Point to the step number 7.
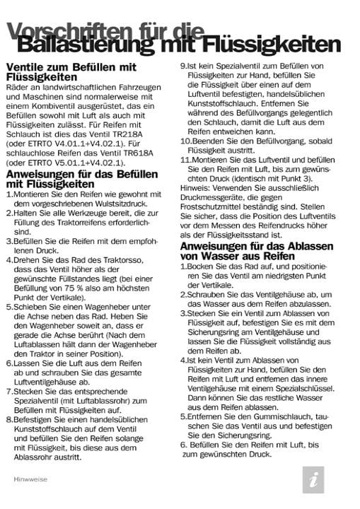click(8, 390)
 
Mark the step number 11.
click(185, 160)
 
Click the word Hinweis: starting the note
click(194, 187)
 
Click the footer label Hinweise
click(29, 479)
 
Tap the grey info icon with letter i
click(312, 479)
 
